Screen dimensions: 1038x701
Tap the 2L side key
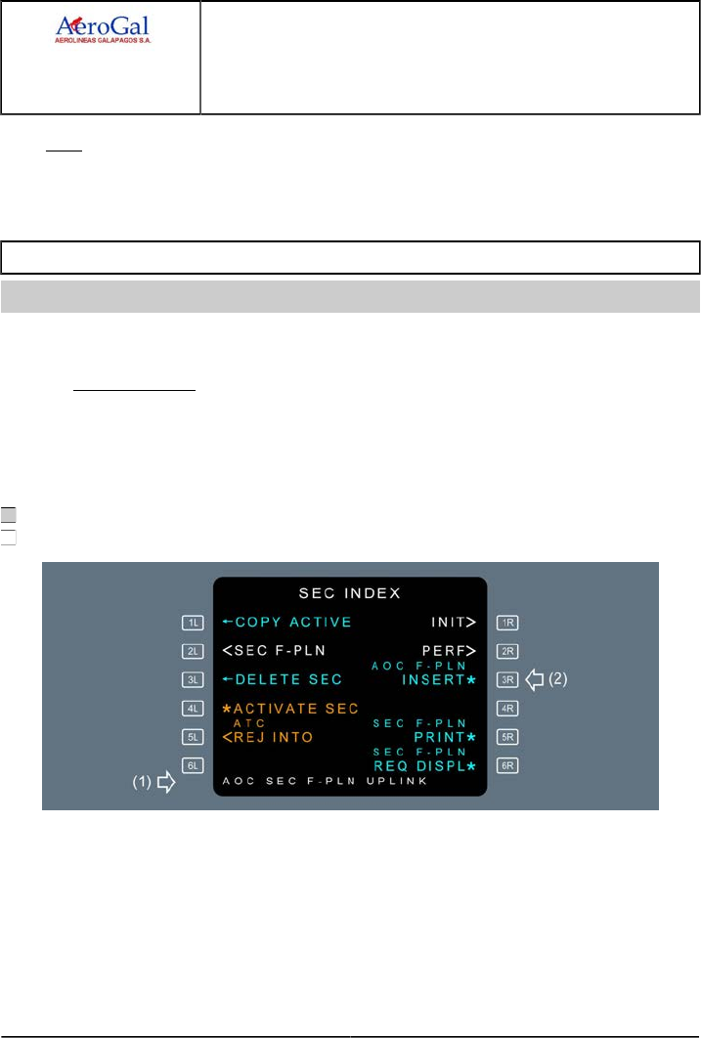click(193, 650)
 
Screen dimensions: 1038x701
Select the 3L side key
click(193, 679)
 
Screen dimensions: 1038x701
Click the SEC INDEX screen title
click(350, 593)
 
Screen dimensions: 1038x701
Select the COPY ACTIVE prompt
click(286, 622)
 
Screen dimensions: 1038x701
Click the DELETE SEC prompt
click(283, 679)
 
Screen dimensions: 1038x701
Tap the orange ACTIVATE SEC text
click(290, 708)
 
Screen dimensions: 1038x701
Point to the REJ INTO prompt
click(268, 736)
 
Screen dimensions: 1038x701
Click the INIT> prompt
click(453, 622)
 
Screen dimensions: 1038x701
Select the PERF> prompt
click(449, 650)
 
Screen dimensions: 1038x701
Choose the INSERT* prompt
click(439, 679)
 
